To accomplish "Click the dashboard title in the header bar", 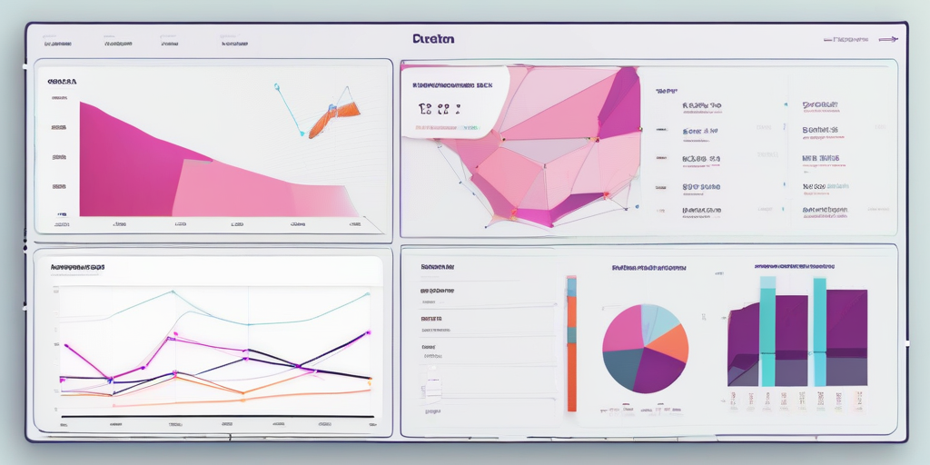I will click(432, 39).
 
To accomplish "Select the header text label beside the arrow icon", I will click(850, 39).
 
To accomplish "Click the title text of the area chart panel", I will click(62, 82).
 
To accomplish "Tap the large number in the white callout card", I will click(439, 110).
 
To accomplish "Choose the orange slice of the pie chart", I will click(669, 344).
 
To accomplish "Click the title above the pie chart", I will click(648, 268).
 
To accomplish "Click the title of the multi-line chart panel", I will click(77, 268).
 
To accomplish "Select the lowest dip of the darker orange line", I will click(242, 392).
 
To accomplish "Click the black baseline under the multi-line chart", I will click(218, 417).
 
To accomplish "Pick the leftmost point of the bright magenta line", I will click(65, 346).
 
